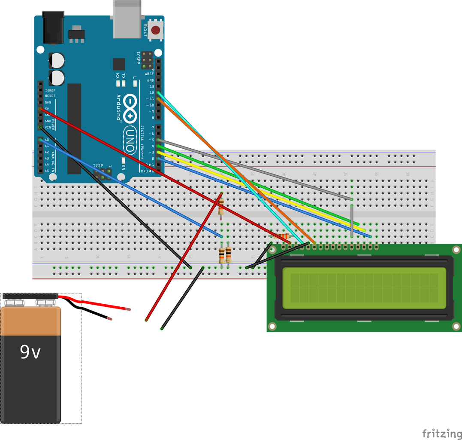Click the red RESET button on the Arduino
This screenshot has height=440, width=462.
coord(155,30)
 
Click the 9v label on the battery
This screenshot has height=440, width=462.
coord(30,352)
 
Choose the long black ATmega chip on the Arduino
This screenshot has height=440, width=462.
coord(74,129)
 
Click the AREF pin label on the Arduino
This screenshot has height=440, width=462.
coord(149,74)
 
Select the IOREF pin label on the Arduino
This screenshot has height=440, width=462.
coord(50,90)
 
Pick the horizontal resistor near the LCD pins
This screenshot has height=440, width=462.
coord(281,235)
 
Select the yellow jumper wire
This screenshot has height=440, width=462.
coord(266,193)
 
